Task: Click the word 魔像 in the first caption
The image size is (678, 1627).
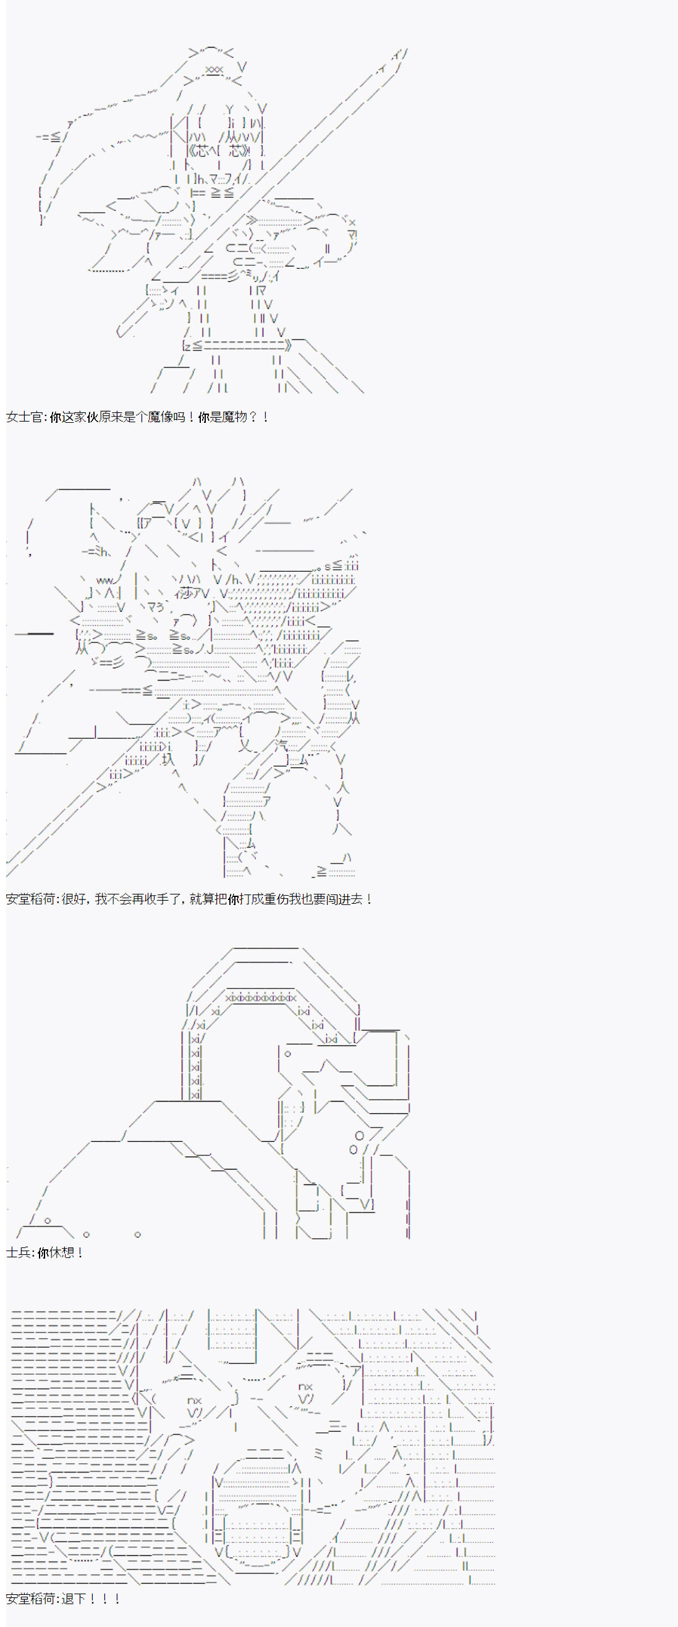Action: coord(159,417)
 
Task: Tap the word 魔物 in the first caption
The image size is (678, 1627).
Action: coord(234,417)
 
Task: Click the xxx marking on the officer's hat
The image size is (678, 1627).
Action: coord(214,69)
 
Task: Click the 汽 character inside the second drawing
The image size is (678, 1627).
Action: coord(281,746)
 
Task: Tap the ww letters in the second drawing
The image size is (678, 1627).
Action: coord(105,580)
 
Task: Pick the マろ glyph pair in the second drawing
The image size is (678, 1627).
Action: coord(155,607)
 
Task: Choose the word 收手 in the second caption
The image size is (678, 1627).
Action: coord(159,899)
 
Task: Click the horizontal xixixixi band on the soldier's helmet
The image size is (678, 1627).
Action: coord(261,998)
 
